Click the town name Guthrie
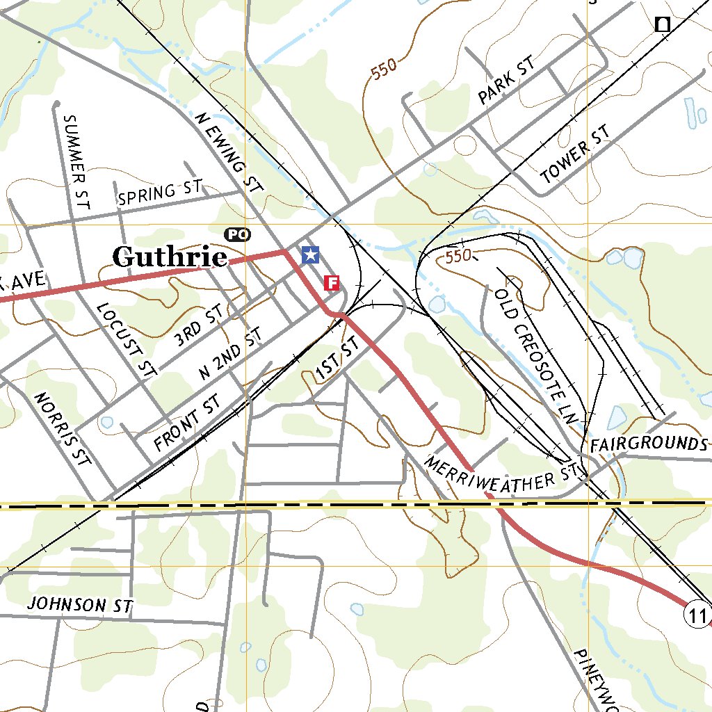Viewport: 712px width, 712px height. click(170, 257)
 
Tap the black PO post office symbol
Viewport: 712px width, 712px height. click(237, 235)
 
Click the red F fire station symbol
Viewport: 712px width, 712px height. click(332, 282)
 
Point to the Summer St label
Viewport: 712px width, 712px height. click(76, 163)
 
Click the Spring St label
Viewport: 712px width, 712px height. click(160, 193)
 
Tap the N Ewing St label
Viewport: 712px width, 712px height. click(229, 152)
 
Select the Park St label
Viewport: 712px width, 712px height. click(507, 81)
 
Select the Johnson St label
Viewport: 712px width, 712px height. click(79, 604)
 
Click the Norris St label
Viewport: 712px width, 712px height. click(63, 429)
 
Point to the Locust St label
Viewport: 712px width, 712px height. click(126, 340)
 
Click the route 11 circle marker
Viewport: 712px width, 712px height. click(696, 615)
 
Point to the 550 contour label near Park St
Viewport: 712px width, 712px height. click(383, 70)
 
